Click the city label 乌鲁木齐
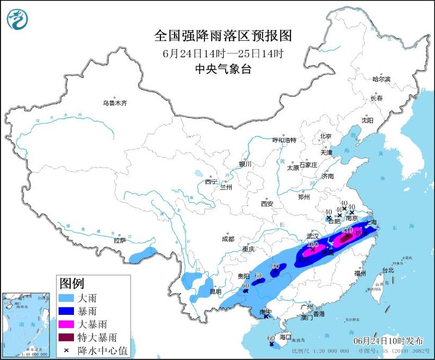(x=115, y=103)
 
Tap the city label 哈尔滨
(x=381, y=79)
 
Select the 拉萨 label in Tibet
(x=120, y=240)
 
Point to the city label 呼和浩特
(x=284, y=140)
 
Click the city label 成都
(x=228, y=239)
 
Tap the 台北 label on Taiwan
(x=388, y=270)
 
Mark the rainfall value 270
(x=348, y=230)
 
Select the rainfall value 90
(x=275, y=266)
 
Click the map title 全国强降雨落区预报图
(x=223, y=36)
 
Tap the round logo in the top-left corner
(x=17, y=18)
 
